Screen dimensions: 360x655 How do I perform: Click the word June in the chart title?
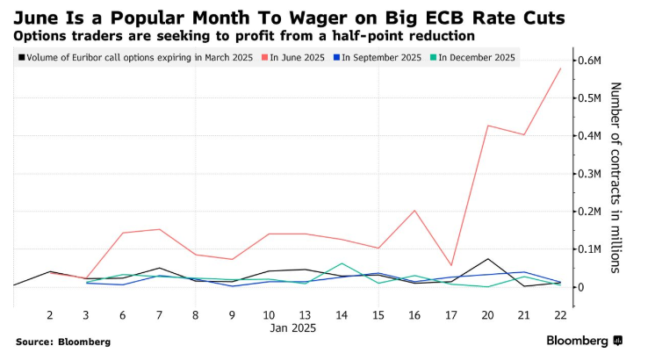pos(38,17)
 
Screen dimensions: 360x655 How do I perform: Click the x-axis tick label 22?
pos(560,313)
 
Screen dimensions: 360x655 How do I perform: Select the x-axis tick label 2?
pos(50,313)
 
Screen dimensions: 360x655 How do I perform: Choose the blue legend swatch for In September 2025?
pos(334,58)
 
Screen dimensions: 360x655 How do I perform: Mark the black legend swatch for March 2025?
pos(21,58)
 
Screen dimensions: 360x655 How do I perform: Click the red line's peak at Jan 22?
pos(560,68)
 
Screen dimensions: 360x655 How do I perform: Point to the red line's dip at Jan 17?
pos(450,265)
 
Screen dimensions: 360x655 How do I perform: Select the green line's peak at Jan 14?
pos(341,263)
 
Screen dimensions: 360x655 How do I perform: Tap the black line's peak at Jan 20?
pos(487,259)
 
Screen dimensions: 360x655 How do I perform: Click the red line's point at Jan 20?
pos(487,126)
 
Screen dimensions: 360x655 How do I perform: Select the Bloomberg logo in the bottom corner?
pos(585,340)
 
